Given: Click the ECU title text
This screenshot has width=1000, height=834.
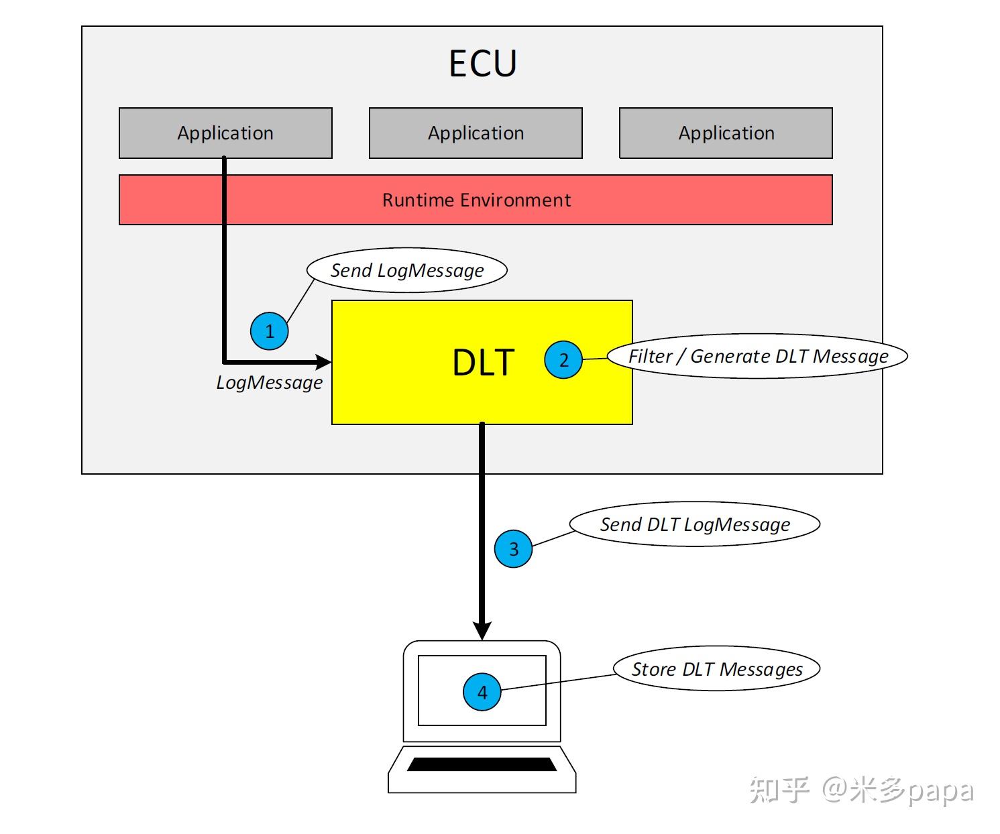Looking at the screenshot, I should (x=482, y=64).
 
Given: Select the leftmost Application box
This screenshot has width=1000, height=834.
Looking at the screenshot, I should (x=225, y=133).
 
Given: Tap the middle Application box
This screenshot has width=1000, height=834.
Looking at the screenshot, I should (x=476, y=133).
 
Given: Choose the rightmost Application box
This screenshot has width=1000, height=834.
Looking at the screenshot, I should (x=726, y=133).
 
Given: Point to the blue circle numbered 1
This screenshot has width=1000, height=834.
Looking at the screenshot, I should (x=270, y=331).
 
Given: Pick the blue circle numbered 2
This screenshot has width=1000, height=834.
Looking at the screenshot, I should (x=563, y=360).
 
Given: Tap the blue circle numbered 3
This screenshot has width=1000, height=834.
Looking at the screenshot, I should (x=513, y=549).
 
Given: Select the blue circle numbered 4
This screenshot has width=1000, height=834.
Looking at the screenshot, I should (x=482, y=692).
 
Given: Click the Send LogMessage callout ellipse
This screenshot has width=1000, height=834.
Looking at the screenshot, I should (x=406, y=270).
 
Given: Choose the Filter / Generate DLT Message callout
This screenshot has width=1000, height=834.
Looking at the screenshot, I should (x=757, y=356).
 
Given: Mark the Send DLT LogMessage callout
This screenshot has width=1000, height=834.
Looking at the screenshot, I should (x=694, y=524).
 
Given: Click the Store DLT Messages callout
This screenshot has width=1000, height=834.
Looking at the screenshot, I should (x=716, y=669).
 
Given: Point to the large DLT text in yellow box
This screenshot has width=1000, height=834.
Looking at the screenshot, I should (x=483, y=363).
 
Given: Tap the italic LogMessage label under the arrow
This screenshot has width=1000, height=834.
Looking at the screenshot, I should (x=269, y=383).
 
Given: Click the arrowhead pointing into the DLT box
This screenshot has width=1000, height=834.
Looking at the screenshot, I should (x=324, y=362).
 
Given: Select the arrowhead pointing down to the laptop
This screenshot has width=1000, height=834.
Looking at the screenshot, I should (x=482, y=630).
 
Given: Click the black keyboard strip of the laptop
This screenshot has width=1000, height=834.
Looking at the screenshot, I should (x=482, y=764).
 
